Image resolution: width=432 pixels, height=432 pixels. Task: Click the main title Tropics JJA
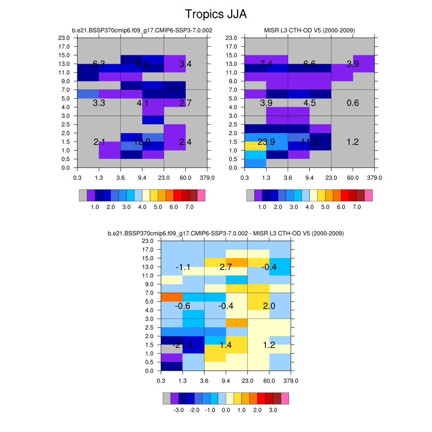216,14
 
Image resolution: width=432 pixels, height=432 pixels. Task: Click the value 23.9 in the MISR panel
267,142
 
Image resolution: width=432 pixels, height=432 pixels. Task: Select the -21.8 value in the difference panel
183,346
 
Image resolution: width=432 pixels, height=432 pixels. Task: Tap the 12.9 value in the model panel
142,142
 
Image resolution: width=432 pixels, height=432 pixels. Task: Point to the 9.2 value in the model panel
142,64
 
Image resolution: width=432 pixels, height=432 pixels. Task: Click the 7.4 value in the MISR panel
267,64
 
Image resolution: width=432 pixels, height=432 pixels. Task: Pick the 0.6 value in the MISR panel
353,103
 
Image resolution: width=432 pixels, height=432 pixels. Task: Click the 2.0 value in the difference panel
269,306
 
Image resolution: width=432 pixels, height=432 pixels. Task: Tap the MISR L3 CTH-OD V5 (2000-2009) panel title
309,30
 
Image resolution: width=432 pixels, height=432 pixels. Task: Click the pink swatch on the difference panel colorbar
285,399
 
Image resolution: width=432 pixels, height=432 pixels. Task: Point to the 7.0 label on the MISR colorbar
357,208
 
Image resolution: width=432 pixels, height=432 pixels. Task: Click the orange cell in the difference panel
172,297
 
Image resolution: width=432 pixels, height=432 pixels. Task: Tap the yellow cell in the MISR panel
256,146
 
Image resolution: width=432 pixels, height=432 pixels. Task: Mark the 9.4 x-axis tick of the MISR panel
310,178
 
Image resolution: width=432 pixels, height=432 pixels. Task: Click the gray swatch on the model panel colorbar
83,195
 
